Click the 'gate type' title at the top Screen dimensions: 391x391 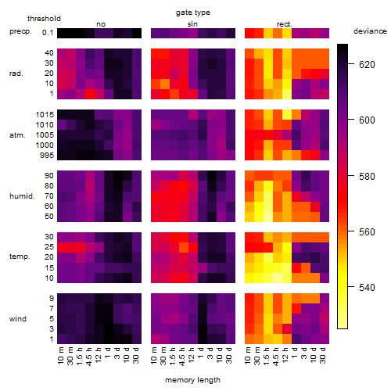coord(193,13)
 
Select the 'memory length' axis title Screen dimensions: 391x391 coord(192,380)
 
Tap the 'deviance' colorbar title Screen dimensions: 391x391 coord(370,31)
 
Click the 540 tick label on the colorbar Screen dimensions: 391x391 coord(367,288)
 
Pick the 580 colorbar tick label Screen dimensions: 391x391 coord(367,177)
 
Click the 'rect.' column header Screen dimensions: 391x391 coord(285,24)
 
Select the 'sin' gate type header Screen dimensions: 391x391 coord(192,24)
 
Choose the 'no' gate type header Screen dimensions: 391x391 coord(101,24)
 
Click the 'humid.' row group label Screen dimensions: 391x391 coord(22,196)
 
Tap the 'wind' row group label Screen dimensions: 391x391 coord(18,319)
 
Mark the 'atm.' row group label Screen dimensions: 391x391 coord(17,135)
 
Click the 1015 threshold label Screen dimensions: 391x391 coord(45,115)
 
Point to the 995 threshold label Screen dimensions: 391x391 coord(47,156)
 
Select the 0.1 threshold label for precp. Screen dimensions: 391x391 coord(48,33)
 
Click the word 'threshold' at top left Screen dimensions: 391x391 coord(44,19)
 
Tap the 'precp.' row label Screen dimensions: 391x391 coord(20,31)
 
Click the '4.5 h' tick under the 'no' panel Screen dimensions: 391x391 coord(89,357)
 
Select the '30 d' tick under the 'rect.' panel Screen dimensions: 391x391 coord(323,356)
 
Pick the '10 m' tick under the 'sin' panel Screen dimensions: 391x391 coord(154,356)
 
